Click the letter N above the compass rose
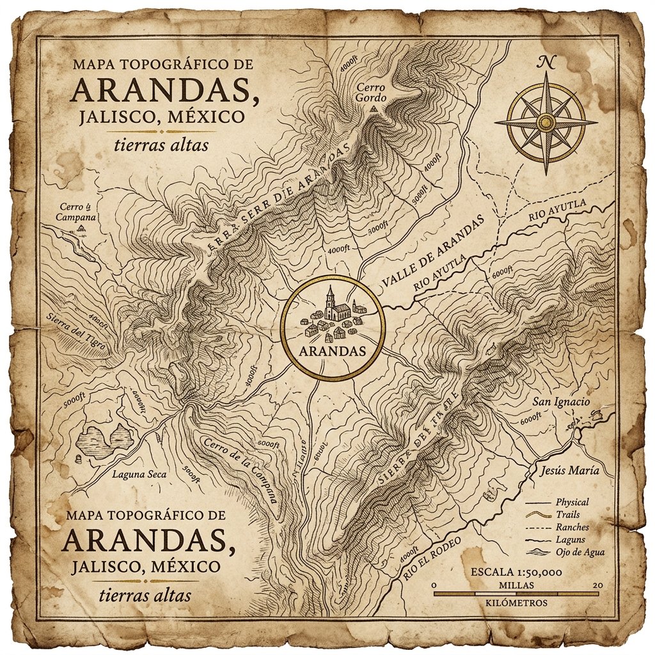click(x=546, y=62)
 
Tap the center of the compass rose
click(x=546, y=122)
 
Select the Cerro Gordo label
click(x=372, y=92)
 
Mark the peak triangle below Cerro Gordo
click(x=373, y=110)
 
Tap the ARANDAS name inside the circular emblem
click(x=332, y=351)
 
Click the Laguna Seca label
click(x=139, y=474)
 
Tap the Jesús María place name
click(x=569, y=470)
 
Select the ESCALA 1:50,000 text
click(x=516, y=572)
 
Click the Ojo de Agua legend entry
click(x=580, y=552)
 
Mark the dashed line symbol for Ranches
click(x=537, y=527)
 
